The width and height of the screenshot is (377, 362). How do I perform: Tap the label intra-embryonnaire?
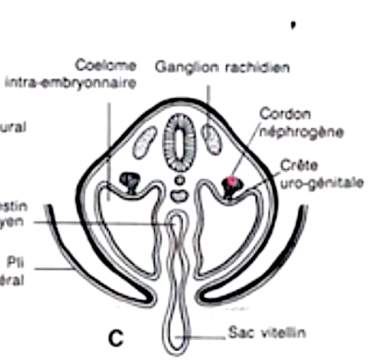[x=70, y=82]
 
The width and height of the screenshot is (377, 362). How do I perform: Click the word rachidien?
[x=256, y=67]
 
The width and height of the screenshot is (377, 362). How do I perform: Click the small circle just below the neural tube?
[x=180, y=179]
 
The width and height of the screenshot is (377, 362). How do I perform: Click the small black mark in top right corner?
[x=292, y=24]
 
